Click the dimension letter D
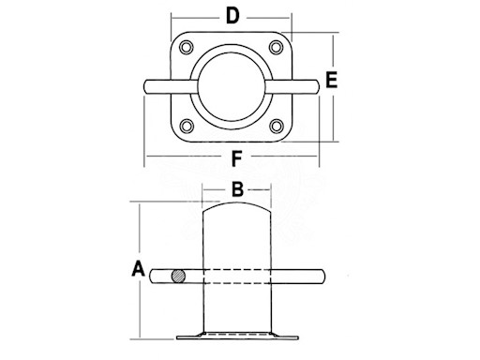click(232, 16)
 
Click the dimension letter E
click(332, 80)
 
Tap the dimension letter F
click(236, 158)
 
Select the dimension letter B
click(237, 189)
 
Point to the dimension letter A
click(138, 269)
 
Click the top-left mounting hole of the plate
click(187, 48)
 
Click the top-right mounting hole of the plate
click(277, 48)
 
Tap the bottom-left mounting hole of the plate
click(187, 127)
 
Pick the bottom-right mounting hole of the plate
click(277, 127)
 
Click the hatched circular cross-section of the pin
click(178, 277)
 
